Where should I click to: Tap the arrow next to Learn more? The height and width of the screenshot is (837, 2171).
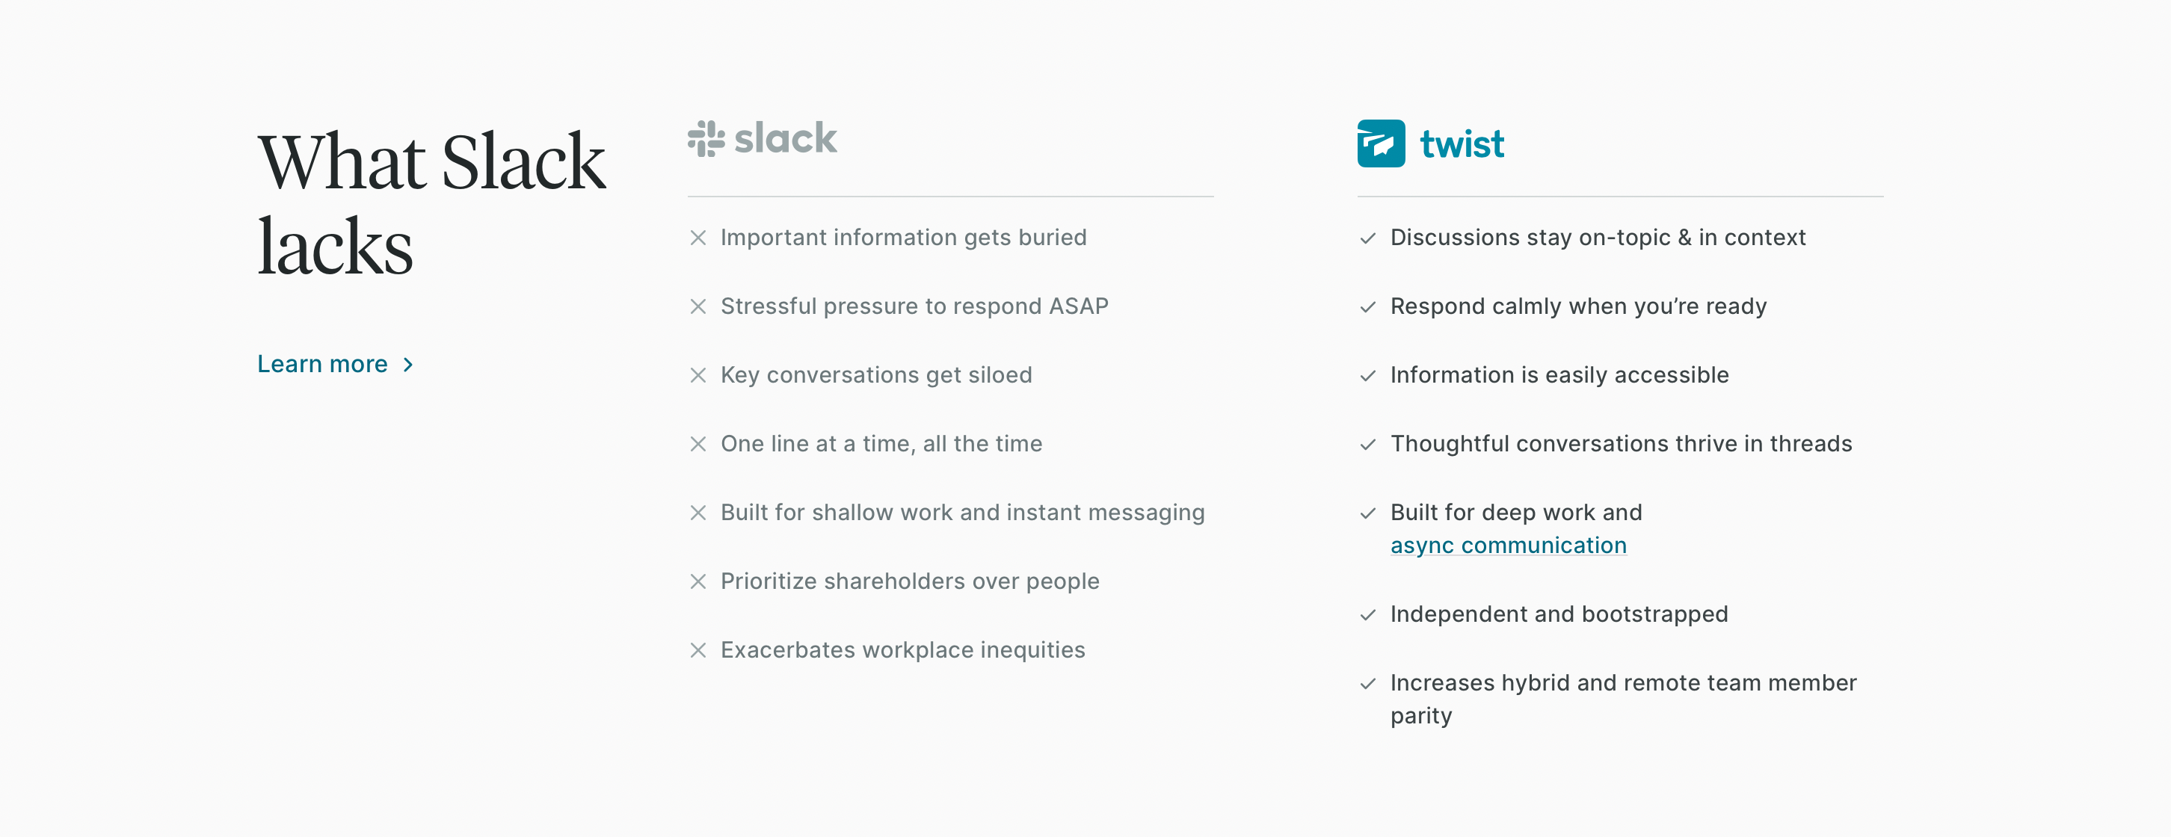[x=408, y=364]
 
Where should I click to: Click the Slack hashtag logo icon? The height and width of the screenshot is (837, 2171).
[x=706, y=138]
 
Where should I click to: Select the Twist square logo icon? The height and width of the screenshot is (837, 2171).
[x=1381, y=143]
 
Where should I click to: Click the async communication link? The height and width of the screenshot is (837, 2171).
[x=1508, y=546]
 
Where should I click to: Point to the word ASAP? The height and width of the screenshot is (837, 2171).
[x=1078, y=306]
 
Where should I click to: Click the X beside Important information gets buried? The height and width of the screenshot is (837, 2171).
[x=698, y=238]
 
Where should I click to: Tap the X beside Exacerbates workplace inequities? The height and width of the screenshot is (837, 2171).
[x=698, y=650]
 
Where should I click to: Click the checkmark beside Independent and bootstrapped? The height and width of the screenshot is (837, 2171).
[x=1368, y=615]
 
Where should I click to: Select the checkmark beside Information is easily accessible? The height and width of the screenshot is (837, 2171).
[x=1368, y=376]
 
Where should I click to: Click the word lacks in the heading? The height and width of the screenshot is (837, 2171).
[x=336, y=246]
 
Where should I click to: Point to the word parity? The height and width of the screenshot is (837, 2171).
[x=1421, y=717]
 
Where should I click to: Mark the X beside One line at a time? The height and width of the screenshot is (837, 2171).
[x=698, y=444]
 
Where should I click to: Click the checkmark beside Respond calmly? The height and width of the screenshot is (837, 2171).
[x=1368, y=307]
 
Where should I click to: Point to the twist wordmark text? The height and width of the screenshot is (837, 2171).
[x=1462, y=144]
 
